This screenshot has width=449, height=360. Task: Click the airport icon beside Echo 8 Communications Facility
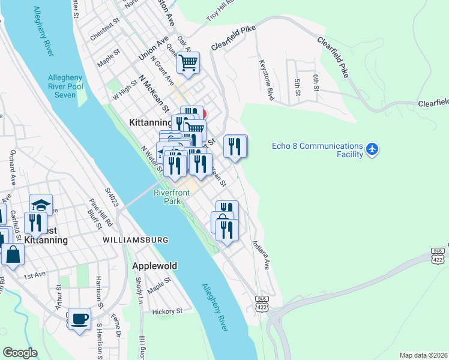click(x=372, y=148)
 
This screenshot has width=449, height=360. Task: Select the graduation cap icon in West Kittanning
click(x=41, y=205)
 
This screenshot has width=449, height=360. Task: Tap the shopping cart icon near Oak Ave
click(x=188, y=62)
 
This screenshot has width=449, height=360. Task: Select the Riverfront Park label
click(x=172, y=197)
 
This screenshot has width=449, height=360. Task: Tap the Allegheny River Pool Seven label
click(x=70, y=86)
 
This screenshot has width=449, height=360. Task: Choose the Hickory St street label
click(x=167, y=311)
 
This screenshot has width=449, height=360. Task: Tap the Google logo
click(x=20, y=353)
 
